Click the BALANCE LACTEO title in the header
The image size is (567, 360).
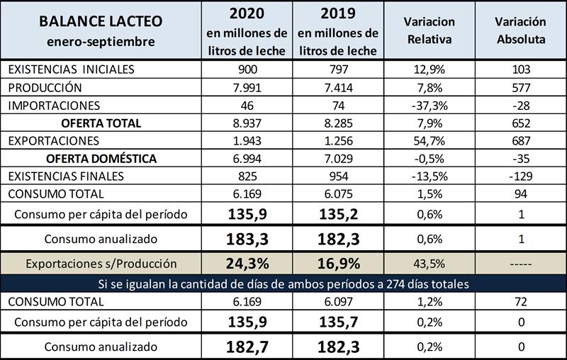(x=101, y=20)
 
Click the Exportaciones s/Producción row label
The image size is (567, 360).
(x=101, y=264)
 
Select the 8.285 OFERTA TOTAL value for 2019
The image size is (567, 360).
(x=337, y=123)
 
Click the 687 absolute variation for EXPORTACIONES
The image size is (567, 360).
(x=520, y=140)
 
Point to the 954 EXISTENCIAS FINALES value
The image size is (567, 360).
(x=337, y=175)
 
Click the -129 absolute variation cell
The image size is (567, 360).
(x=520, y=175)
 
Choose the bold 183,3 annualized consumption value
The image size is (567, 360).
(x=246, y=239)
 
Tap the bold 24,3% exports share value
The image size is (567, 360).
(x=246, y=264)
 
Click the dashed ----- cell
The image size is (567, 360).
(x=520, y=264)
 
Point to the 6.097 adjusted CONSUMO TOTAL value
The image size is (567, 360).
(x=337, y=303)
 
